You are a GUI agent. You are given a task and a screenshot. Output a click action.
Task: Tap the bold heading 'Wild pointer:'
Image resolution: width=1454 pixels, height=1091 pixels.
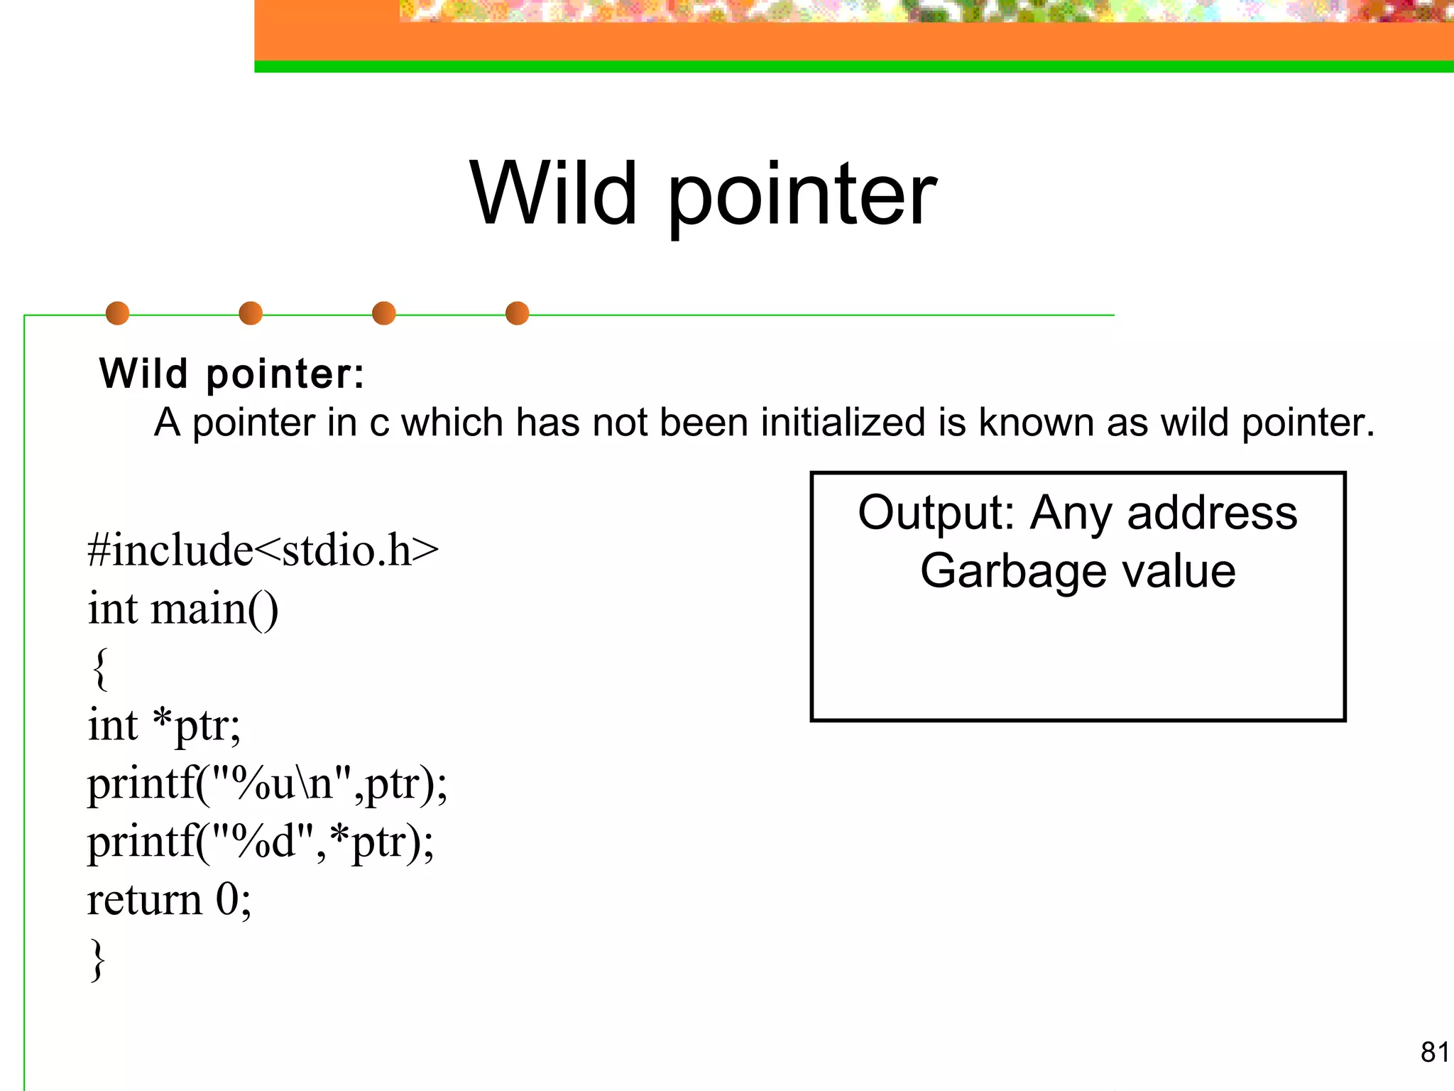231,374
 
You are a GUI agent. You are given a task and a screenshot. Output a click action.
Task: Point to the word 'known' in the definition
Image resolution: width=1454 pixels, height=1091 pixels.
1037,423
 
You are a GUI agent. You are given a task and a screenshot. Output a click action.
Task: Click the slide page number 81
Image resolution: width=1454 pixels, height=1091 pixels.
1435,1052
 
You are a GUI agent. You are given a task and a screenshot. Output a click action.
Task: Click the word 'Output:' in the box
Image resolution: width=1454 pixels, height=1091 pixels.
936,513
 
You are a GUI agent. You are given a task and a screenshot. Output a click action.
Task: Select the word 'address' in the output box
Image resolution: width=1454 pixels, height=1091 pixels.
1212,513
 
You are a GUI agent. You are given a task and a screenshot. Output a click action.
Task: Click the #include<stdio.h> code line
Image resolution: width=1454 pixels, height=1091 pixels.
263,550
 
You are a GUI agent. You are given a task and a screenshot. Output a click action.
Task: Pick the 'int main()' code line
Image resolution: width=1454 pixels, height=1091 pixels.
183,609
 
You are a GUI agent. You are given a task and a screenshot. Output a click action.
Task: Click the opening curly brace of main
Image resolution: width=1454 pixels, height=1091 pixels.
101,668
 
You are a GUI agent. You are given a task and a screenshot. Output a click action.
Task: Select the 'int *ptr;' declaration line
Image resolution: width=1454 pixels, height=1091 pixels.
164,726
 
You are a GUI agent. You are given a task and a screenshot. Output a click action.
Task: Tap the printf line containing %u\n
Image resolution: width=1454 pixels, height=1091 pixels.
267,784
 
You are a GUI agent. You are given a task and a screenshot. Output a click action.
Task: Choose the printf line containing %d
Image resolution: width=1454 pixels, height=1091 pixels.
261,842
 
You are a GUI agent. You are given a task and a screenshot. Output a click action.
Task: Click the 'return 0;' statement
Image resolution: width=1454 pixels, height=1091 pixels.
169,901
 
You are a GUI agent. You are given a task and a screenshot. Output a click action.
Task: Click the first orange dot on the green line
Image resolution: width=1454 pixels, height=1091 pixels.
117,313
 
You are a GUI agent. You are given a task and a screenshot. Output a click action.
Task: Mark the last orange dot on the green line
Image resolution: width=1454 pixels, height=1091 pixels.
517,313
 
